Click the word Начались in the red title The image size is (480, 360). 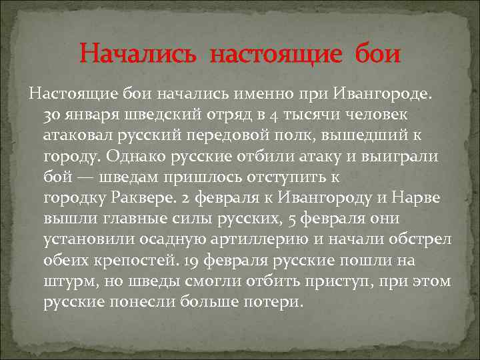pyautogui.click(x=138, y=53)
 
